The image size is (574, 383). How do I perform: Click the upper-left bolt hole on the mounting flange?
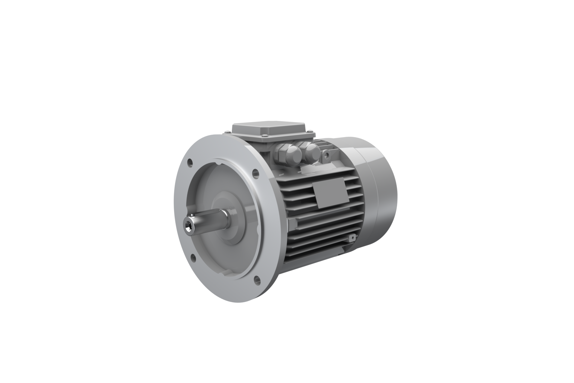[190, 163]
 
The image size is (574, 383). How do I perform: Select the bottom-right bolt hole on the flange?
[257, 279]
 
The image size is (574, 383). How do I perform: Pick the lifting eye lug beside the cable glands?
[327, 155]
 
